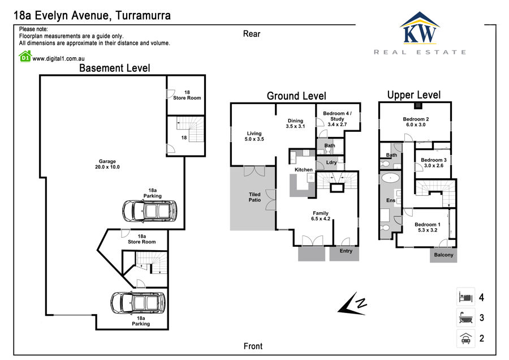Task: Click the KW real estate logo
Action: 420,33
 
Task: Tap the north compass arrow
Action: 352,304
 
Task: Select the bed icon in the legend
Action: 465,297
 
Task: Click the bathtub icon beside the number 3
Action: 465,318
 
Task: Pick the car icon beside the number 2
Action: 465,338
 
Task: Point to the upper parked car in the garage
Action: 150,211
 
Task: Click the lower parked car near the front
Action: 138,303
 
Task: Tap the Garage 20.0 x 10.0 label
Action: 107,164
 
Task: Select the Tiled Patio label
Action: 255,197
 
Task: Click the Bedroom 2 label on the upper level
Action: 416,122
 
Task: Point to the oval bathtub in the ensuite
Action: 390,178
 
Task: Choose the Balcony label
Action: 443,255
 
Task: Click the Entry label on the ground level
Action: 346,251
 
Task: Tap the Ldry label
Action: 331,162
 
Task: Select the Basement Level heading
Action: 115,68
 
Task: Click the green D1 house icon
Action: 25,56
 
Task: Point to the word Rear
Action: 252,34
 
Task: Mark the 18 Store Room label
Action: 187,95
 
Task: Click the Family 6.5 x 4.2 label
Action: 321,216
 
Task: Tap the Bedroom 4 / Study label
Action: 337,119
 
